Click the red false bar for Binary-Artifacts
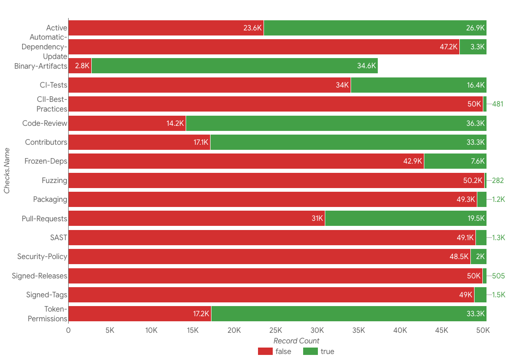coord(80,66)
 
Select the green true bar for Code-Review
coord(336,124)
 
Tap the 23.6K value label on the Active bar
coord(252,28)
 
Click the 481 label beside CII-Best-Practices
coord(498,104)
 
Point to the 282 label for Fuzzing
coord(498,181)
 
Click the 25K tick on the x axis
coord(276,330)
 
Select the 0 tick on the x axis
coord(68,330)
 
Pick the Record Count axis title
coord(296,341)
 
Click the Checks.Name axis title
coord(7,171)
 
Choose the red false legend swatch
coord(265,352)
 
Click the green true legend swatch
coord(311,352)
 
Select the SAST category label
coord(59,238)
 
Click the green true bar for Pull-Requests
coord(405,218)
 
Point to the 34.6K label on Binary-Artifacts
coord(367,66)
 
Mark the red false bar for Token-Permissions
coord(140,314)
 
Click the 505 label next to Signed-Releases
coord(498,276)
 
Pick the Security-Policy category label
coord(42,257)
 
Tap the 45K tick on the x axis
coord(441,330)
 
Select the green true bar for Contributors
coord(348,142)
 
